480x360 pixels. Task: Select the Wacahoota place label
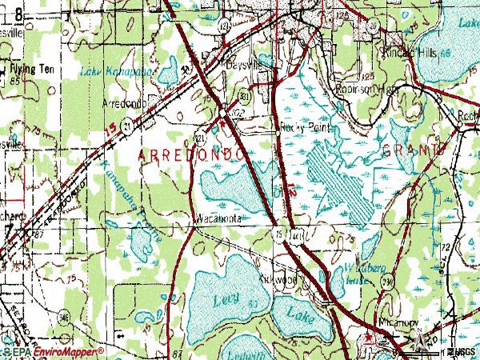(217, 217)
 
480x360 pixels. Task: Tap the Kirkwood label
(278, 281)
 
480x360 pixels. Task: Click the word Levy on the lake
(222, 298)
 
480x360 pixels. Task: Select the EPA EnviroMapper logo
(53, 351)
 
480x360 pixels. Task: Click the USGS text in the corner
(461, 352)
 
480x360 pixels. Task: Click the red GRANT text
(411, 150)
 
